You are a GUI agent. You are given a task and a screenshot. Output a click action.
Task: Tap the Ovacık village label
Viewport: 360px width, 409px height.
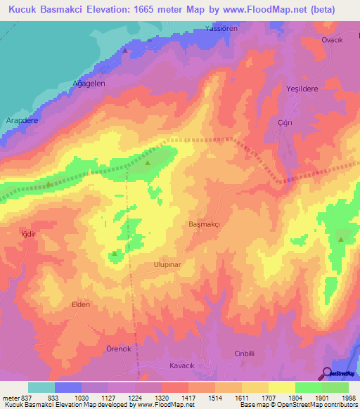pos(331,40)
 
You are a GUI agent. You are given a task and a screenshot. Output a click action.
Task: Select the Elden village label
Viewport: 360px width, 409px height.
pos(82,305)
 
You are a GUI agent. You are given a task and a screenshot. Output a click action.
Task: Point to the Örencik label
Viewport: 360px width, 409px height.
pos(99,349)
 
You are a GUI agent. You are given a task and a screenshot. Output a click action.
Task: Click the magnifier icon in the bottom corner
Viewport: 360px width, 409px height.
pos(326,374)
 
